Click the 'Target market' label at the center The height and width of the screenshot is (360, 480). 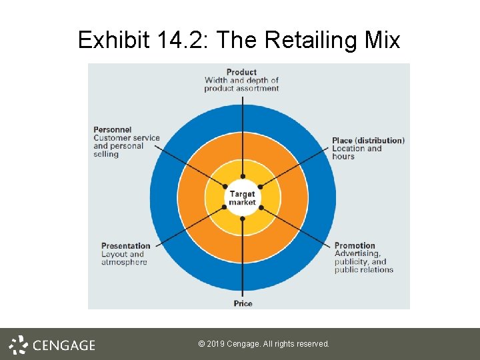coord(242,199)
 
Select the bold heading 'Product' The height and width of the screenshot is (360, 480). coord(241,72)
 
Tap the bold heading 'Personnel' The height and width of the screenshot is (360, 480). coord(112,129)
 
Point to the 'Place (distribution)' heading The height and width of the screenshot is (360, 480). coord(368,141)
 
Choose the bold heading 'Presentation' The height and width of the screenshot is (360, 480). coord(126,246)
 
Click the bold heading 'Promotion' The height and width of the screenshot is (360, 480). coord(355,246)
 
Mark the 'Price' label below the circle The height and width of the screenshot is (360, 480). coord(243,304)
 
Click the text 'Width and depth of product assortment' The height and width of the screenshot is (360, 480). coord(241,85)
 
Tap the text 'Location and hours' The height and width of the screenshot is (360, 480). coord(357,153)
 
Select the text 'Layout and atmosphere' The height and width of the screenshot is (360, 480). coord(124,258)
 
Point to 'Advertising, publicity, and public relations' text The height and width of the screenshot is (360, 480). coord(363,262)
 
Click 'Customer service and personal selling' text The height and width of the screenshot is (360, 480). coord(127,146)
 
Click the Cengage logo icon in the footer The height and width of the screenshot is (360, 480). coord(19,345)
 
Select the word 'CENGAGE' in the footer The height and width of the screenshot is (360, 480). coord(64,345)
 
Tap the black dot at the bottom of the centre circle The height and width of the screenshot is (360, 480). coord(242,219)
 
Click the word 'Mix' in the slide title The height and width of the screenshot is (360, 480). coord(382,41)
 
